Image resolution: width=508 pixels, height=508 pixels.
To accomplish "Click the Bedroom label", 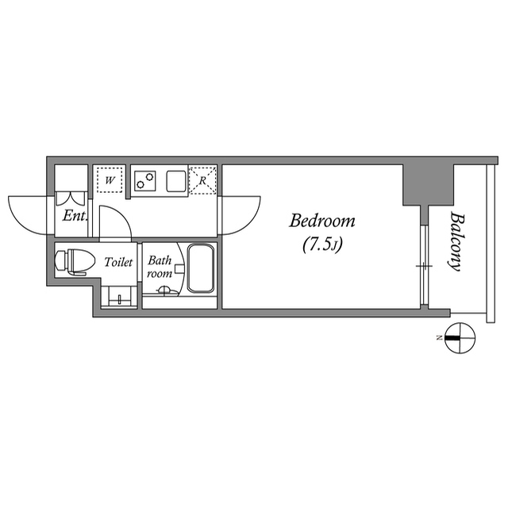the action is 322,221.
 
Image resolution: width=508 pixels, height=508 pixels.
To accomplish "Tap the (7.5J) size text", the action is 322,245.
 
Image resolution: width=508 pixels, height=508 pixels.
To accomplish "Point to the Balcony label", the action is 457,241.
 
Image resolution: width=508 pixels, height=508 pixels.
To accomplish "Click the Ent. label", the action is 75,216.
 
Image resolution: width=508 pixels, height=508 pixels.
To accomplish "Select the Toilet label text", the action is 118,262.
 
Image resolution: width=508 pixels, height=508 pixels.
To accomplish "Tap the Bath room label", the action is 160,267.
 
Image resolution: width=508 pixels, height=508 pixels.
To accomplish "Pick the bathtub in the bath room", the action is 201,268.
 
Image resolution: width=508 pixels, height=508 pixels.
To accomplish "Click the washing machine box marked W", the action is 110,180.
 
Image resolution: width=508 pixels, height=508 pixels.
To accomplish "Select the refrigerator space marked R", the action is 202,180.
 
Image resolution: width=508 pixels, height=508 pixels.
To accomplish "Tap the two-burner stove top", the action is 144,180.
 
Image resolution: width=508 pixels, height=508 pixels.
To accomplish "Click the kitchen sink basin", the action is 176,181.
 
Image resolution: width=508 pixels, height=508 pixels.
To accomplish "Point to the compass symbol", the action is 460,338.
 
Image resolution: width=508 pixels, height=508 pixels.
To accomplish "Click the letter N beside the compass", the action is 439,338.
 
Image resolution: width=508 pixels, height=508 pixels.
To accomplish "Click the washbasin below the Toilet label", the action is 119,296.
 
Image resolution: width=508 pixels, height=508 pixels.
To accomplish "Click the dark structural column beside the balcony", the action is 428,185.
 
